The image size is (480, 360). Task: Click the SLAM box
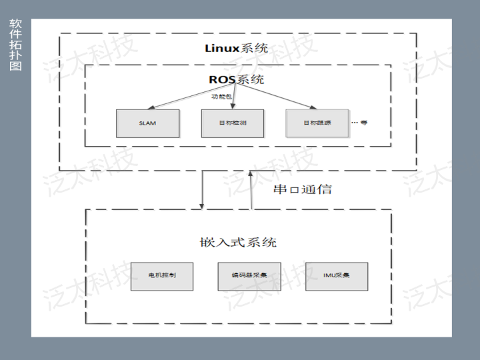point(147,123)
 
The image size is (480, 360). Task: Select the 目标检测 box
point(233,123)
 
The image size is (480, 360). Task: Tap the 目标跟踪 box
point(317,123)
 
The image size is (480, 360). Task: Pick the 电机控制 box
point(161,275)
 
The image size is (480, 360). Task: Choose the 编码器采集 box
point(249,275)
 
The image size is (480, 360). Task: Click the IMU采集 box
point(337,275)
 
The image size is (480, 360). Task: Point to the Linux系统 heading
point(236,49)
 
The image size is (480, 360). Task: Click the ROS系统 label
point(236,80)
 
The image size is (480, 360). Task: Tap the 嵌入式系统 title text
point(237,242)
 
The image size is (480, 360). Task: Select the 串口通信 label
point(302,189)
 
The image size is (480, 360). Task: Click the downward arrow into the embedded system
point(202,190)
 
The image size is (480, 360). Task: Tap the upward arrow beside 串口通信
point(251,190)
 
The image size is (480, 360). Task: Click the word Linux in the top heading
point(221,49)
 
